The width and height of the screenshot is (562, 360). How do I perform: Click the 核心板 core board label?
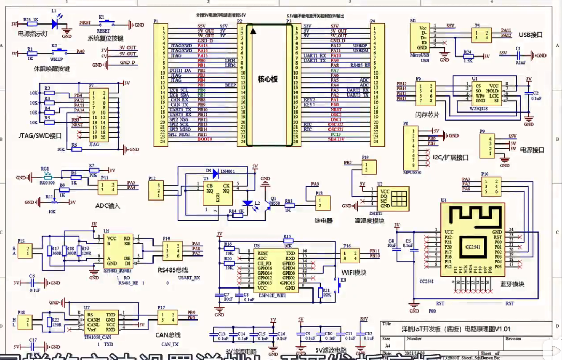pos(266,78)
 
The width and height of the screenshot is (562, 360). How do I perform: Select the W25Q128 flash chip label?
pos(479,109)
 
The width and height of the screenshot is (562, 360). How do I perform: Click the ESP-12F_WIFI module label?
pos(271,293)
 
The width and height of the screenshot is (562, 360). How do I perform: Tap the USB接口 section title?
pos(530,35)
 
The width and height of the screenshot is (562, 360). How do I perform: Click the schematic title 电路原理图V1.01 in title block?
pos(480,329)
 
